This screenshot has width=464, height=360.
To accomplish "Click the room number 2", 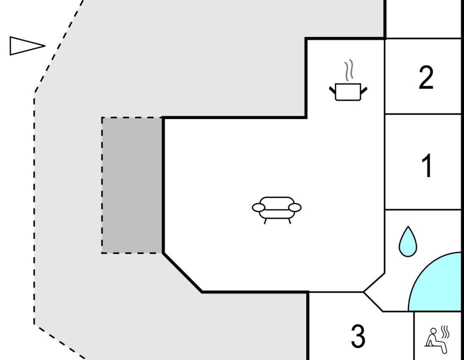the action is [x=426, y=77].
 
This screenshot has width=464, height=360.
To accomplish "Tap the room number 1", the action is [x=427, y=165].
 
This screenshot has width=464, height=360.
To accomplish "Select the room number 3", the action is [x=358, y=335].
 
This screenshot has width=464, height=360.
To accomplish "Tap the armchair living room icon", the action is [x=276, y=210].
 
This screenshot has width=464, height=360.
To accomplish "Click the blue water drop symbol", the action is [x=408, y=241].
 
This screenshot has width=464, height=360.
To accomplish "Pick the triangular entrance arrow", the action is [x=27, y=46].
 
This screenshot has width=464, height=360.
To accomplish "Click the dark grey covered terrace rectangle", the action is [x=132, y=185].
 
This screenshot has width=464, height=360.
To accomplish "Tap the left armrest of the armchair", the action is [x=258, y=207].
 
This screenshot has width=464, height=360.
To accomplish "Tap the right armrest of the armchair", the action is [x=295, y=207].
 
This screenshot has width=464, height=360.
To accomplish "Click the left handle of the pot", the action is [x=332, y=89].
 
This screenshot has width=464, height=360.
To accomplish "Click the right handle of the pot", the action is [x=364, y=89].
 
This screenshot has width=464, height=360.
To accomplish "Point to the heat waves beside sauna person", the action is [x=445, y=332].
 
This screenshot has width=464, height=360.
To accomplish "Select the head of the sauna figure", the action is [x=433, y=330].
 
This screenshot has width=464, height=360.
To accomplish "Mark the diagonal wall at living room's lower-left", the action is [x=182, y=272].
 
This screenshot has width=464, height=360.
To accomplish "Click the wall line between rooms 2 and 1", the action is [x=423, y=114].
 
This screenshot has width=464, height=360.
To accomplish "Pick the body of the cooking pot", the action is [x=348, y=92].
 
